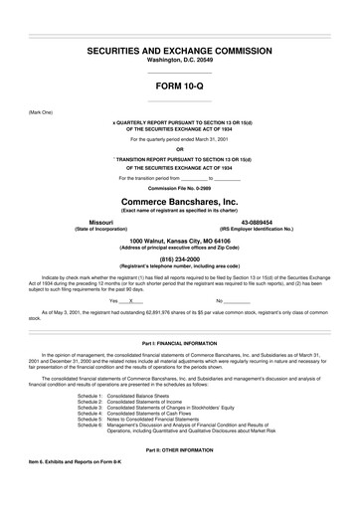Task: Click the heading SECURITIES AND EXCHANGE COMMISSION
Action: coord(180,49)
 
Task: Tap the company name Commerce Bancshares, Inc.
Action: coord(180,202)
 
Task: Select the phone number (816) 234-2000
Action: coord(180,255)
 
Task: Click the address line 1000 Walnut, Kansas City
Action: coord(180,239)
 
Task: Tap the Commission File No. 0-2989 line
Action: coord(180,187)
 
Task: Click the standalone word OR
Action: coord(180,150)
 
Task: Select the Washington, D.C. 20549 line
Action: coord(180,60)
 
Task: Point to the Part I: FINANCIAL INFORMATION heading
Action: coord(180,341)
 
